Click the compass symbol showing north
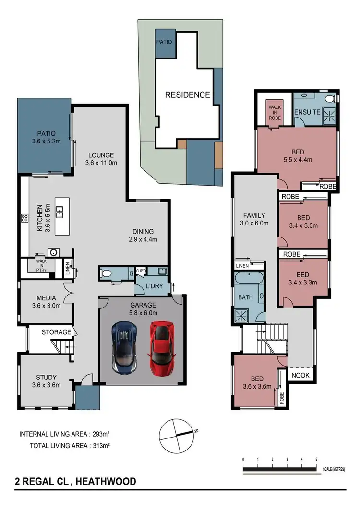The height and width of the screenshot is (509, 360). click(176, 434)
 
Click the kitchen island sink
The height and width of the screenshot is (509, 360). click(60, 211)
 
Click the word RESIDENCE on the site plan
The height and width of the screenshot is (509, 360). click(187, 95)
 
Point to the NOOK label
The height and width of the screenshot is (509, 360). click(300, 375)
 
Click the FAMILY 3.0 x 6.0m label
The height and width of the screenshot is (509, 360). click(254, 219)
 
